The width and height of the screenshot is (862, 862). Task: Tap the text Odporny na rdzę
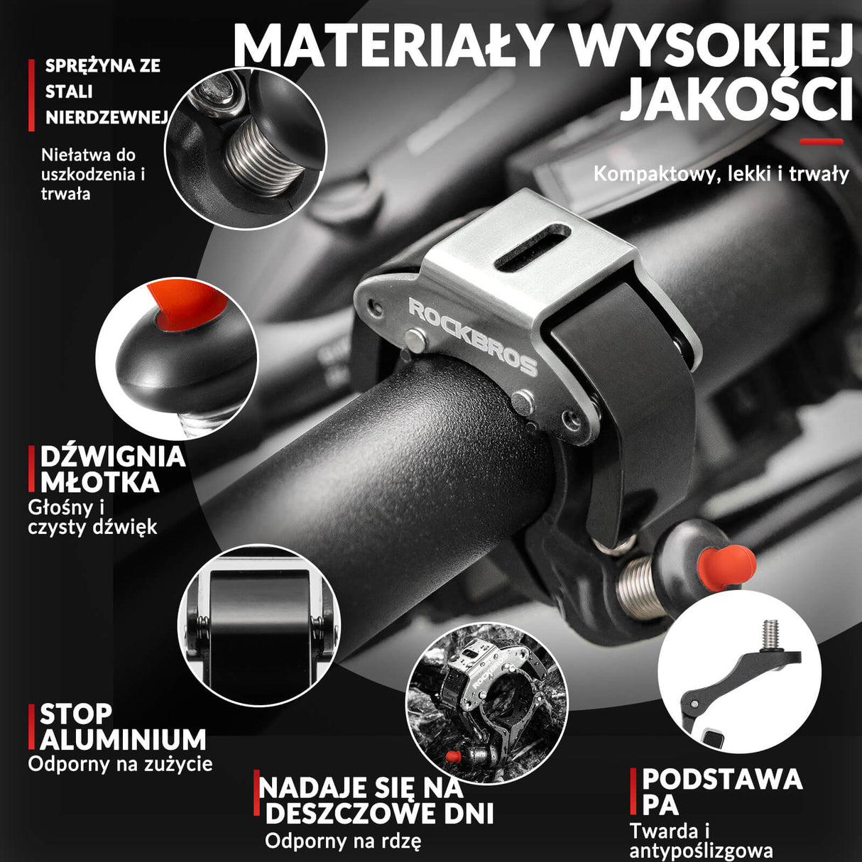coord(342,841)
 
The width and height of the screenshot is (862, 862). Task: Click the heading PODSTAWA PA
coord(717,791)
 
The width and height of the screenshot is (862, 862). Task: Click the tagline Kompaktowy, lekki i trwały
coord(721,174)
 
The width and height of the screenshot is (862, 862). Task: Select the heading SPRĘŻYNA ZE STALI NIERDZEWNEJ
coord(103,92)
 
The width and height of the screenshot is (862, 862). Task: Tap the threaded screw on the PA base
coord(770,634)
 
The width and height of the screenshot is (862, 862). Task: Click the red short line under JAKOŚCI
coord(821,141)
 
